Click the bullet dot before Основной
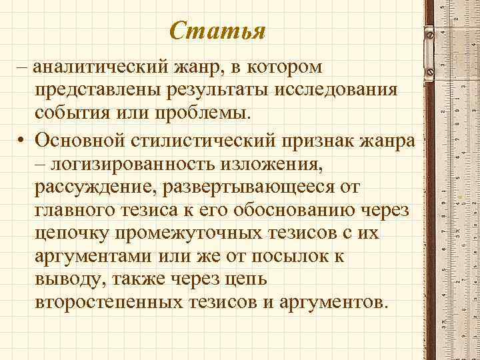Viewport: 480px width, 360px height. coord(22,142)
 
